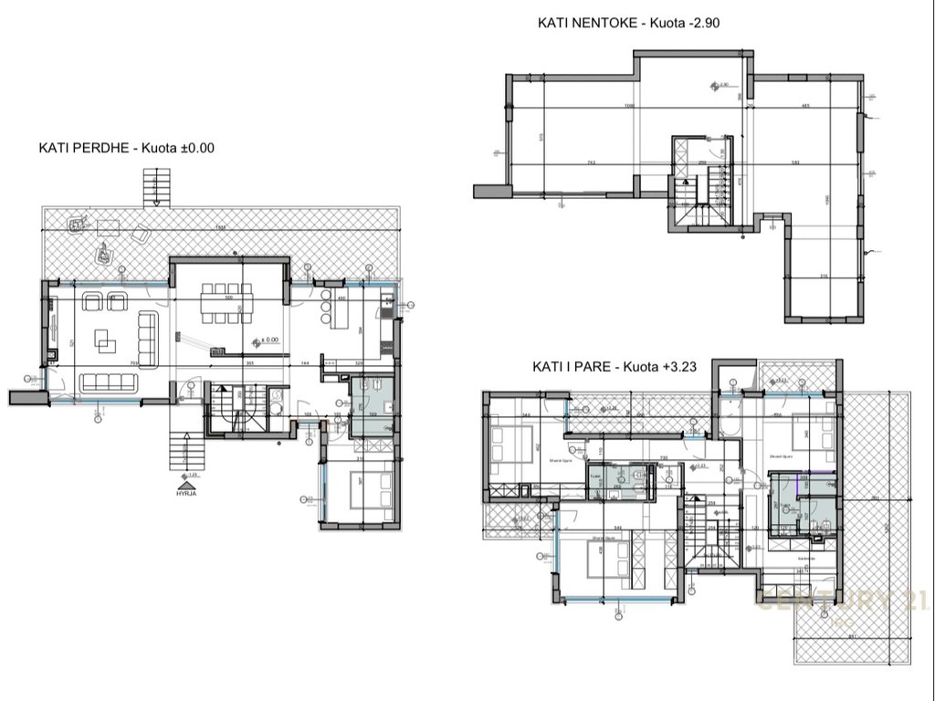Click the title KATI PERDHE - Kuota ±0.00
click(x=126, y=148)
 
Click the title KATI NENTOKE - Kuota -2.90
click(x=629, y=23)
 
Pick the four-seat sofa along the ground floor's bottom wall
click(x=110, y=382)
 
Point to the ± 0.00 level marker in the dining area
click(x=268, y=340)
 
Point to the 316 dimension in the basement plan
click(x=824, y=277)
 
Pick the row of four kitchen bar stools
click(x=325, y=307)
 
